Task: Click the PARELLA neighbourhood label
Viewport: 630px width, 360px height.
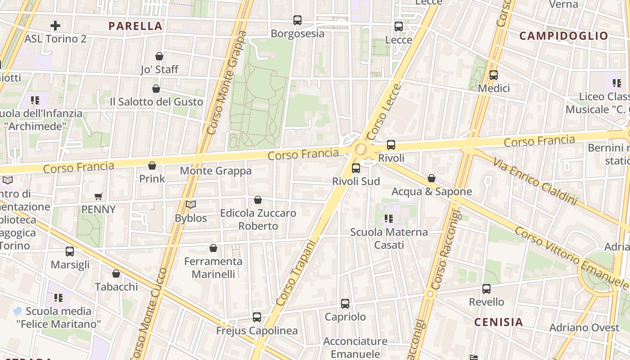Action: pyautogui.click(x=135, y=26)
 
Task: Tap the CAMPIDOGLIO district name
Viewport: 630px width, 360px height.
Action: pyautogui.click(x=563, y=36)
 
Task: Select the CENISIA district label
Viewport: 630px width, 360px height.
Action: pyautogui.click(x=498, y=322)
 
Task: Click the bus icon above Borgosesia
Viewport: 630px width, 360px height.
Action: pyautogui.click(x=297, y=20)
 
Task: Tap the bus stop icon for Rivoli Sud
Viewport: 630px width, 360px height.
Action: pyautogui.click(x=355, y=168)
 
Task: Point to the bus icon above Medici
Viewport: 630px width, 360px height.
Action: pyautogui.click(x=493, y=75)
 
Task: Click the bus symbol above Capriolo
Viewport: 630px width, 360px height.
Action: pyautogui.click(x=345, y=304)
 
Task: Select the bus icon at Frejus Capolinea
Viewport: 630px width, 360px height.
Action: pyautogui.click(x=256, y=317)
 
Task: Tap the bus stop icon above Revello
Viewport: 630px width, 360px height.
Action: pyautogui.click(x=486, y=289)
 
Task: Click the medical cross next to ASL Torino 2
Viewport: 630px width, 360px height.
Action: pyautogui.click(x=55, y=26)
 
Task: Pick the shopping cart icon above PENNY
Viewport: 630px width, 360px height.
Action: pyautogui.click(x=98, y=196)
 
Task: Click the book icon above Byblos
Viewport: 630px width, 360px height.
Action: pyautogui.click(x=191, y=205)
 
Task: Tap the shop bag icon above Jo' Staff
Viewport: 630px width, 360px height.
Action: pyautogui.click(x=159, y=56)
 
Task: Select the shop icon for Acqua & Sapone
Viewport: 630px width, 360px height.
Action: pyautogui.click(x=431, y=179)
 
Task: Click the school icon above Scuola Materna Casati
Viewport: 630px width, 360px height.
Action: pyautogui.click(x=388, y=219)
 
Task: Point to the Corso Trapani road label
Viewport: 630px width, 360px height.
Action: pyautogui.click(x=295, y=273)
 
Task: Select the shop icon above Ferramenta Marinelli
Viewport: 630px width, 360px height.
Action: pyautogui.click(x=213, y=248)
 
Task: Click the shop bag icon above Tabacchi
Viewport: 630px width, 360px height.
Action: pyautogui.click(x=116, y=274)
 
